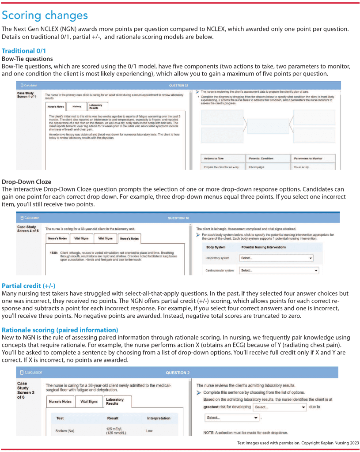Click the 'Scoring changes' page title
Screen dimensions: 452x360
(x=45, y=15)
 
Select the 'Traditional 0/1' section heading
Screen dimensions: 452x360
(x=24, y=51)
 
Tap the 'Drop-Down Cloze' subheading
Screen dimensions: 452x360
(x=27, y=181)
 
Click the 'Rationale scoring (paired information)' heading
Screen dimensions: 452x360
(x=60, y=329)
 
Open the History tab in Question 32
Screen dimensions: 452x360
(x=76, y=106)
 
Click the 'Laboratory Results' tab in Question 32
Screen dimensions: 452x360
(x=96, y=106)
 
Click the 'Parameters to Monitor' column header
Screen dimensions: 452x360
(x=314, y=158)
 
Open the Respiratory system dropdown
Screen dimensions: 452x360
(x=277, y=258)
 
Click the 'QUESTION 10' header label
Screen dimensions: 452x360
(x=178, y=218)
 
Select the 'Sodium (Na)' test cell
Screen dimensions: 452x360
(x=65, y=430)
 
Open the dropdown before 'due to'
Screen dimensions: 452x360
(x=279, y=407)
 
